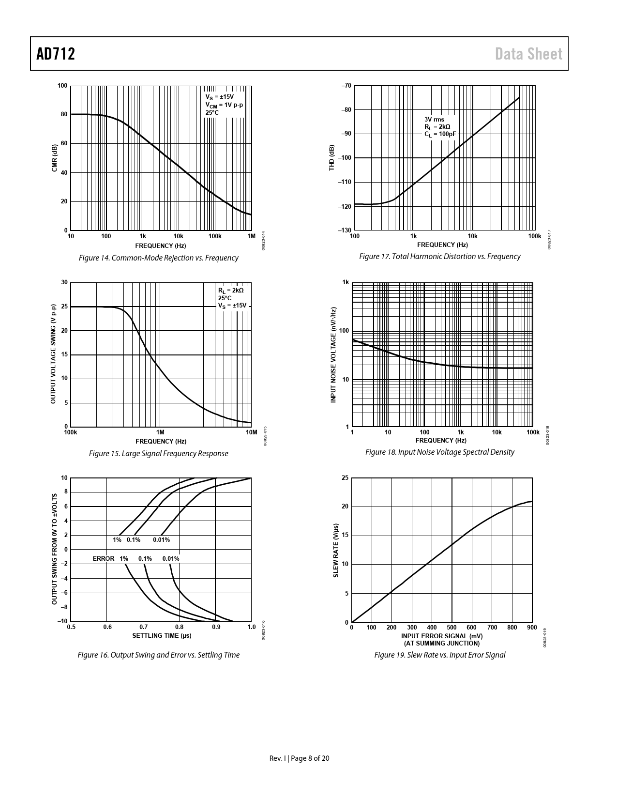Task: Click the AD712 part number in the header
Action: [x=56, y=54]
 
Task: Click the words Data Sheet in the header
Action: [x=528, y=54]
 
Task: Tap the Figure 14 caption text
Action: [x=158, y=258]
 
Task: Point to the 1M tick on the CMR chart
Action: [x=251, y=236]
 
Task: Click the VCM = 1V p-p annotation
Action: [x=224, y=105]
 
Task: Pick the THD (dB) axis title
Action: [x=331, y=157]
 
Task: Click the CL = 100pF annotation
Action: [x=440, y=134]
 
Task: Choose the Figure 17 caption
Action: [x=439, y=256]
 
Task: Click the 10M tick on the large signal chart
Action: [x=251, y=432]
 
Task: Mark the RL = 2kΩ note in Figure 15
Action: [x=231, y=290]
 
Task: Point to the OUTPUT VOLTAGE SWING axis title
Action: [x=53, y=354]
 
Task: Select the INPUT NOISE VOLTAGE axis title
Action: [x=333, y=354]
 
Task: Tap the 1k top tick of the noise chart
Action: [x=346, y=282]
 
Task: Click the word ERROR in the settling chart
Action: [x=104, y=558]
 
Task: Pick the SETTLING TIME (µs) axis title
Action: [x=162, y=635]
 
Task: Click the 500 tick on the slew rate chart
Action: [x=451, y=628]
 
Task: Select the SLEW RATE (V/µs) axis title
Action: [x=336, y=550]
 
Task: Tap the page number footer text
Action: [x=299, y=758]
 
